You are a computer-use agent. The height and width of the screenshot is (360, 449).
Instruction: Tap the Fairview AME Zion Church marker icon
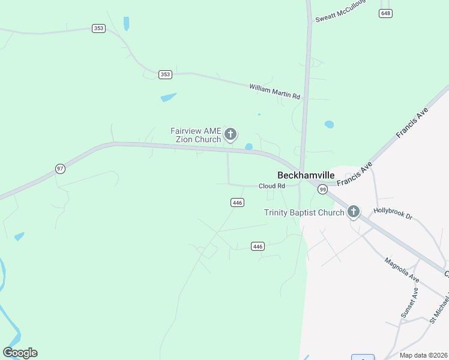231,134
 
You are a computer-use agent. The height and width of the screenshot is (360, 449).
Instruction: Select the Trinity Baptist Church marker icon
354,211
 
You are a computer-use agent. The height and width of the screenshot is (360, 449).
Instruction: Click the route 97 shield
60,169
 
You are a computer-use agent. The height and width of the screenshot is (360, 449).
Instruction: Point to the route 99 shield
323,190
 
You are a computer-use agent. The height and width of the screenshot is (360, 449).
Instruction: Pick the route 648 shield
386,13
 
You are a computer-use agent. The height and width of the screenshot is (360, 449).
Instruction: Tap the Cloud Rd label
271,186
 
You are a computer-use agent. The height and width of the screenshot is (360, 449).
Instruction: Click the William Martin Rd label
274,91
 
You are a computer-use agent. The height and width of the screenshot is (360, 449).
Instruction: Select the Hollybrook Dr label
393,213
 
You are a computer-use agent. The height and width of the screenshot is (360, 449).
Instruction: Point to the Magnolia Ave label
402,270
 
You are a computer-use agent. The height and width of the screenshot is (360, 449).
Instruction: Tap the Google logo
20,353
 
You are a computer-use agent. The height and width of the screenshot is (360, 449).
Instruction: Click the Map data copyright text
423,355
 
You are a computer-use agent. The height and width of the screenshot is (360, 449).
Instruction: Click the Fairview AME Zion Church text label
196,135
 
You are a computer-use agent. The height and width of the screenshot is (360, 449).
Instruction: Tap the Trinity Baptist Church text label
304,212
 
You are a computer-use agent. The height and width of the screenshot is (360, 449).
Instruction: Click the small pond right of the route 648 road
329,125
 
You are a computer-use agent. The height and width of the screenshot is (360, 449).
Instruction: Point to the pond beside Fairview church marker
249,147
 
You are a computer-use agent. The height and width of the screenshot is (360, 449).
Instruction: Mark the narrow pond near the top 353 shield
126,23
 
